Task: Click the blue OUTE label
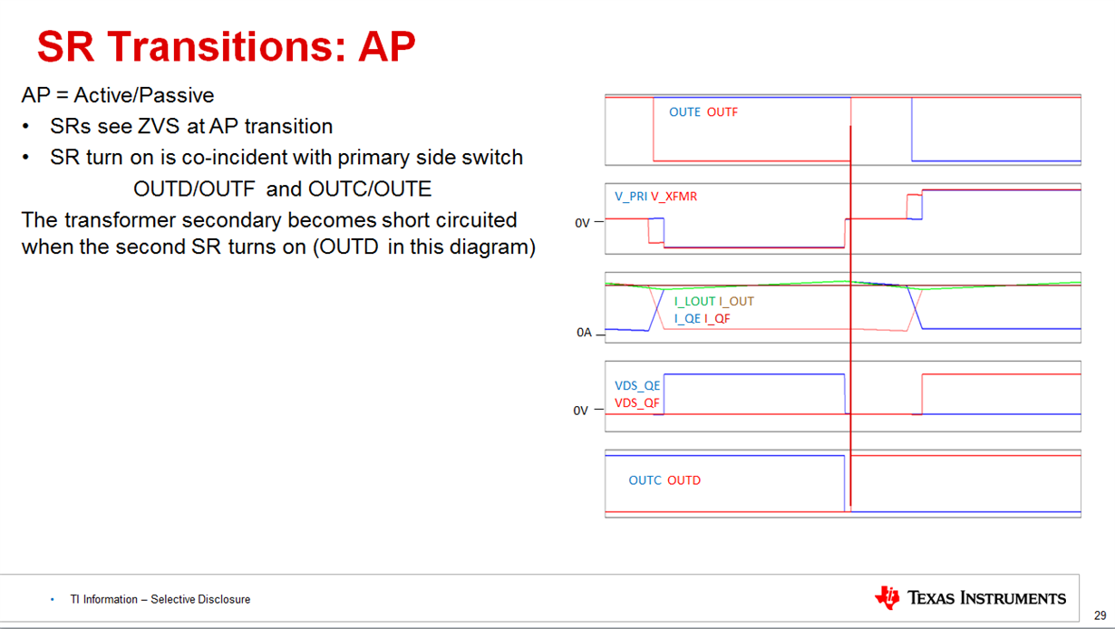tap(684, 112)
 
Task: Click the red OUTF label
tap(722, 112)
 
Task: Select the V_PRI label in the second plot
tap(631, 197)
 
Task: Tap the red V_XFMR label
tap(674, 197)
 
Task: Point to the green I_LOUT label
tap(694, 302)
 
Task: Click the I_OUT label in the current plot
tap(736, 302)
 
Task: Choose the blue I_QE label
tap(687, 319)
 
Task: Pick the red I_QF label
tap(717, 319)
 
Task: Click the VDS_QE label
tap(637, 386)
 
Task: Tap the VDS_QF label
tap(637, 403)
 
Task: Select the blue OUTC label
tap(645, 480)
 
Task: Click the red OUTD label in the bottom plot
tap(684, 480)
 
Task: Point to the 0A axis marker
tap(584, 333)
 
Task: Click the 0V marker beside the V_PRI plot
tap(582, 223)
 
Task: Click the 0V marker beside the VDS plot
tap(580, 411)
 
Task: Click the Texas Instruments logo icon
tap(887, 597)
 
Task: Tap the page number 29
tap(1100, 615)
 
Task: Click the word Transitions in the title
tap(226, 47)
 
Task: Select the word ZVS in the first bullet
tap(159, 126)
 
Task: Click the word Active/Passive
tap(144, 95)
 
